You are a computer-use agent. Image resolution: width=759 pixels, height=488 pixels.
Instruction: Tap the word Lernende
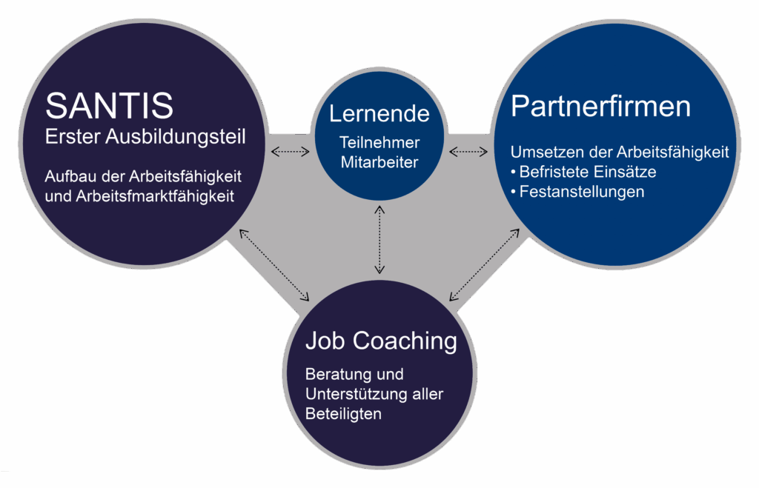coord(379,113)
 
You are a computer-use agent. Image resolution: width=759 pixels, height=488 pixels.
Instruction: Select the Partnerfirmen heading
coord(600,107)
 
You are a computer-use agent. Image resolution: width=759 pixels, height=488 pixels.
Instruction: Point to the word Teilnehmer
coord(379,142)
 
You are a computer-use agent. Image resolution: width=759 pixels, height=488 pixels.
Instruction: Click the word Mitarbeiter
coord(379,161)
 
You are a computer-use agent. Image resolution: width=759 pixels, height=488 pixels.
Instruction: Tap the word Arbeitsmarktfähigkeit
coord(160,196)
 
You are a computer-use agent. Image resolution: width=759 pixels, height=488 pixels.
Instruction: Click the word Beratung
coord(332,374)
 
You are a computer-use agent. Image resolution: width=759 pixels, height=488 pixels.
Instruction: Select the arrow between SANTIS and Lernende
coord(290,152)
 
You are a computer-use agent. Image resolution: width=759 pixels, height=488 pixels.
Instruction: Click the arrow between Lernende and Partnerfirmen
coord(468,152)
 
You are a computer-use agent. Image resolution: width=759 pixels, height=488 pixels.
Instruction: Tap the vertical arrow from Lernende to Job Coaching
coord(379,239)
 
